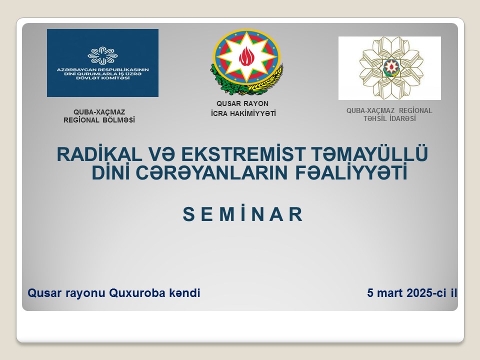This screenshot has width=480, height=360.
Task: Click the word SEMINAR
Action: [x=243, y=214]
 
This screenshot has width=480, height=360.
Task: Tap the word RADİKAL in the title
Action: [x=99, y=154]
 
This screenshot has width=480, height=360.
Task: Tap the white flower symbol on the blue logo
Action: [x=102, y=55]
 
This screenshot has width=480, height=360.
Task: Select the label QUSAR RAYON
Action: [x=242, y=103]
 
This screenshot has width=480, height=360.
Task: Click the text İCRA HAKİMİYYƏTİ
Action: [x=243, y=113]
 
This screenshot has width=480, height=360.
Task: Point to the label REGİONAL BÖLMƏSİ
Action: [x=99, y=120]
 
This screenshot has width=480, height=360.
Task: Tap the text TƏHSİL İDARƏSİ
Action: [x=389, y=118]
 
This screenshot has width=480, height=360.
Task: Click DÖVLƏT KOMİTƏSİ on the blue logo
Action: [x=103, y=78]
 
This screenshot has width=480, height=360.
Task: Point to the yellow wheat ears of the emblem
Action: [x=269, y=81]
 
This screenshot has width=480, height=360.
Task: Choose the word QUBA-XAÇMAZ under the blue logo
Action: [x=99, y=112]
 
